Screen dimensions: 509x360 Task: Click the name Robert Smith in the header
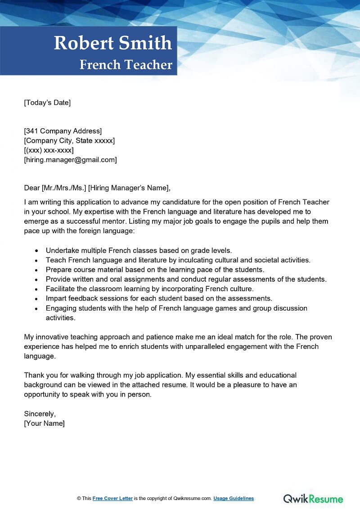tap(113, 43)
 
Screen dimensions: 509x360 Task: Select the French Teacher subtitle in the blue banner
tap(126, 65)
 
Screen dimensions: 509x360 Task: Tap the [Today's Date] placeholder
tap(47, 103)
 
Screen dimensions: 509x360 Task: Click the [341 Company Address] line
tap(63, 131)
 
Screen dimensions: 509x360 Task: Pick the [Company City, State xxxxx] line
tap(69, 141)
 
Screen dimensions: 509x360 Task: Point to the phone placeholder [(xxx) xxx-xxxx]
tap(49, 150)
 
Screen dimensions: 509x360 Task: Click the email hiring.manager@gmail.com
tap(70, 160)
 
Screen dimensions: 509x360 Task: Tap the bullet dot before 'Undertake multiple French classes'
tap(36, 251)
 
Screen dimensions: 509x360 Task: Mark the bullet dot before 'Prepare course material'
tap(36, 270)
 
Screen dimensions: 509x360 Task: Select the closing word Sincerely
tap(40, 414)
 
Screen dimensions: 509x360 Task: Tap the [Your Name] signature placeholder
tap(44, 423)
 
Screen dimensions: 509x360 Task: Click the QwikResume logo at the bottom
tap(313, 499)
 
